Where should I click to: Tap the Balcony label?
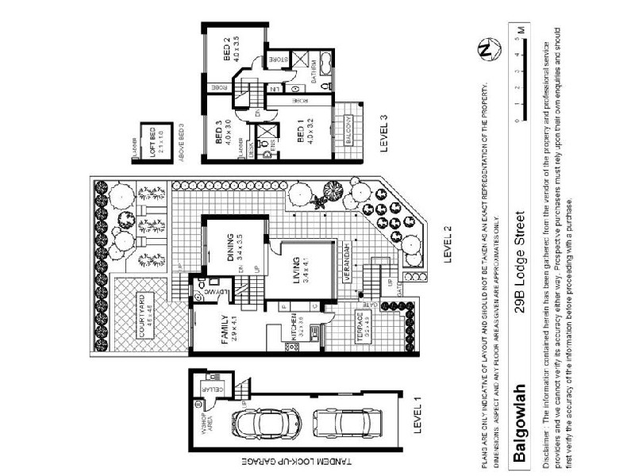pos(348,129)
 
